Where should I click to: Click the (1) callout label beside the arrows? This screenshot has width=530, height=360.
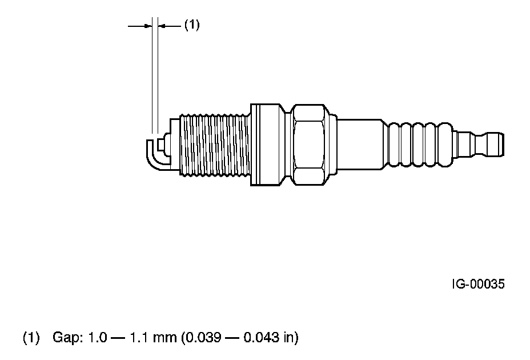[x=192, y=25]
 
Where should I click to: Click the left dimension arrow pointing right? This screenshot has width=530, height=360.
[x=140, y=25]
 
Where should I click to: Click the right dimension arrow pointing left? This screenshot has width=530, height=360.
[x=170, y=25]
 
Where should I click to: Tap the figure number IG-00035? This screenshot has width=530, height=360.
[x=478, y=284]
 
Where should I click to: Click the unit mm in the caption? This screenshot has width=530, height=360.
[x=165, y=339]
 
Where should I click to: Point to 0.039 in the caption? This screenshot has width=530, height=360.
[x=202, y=337]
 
